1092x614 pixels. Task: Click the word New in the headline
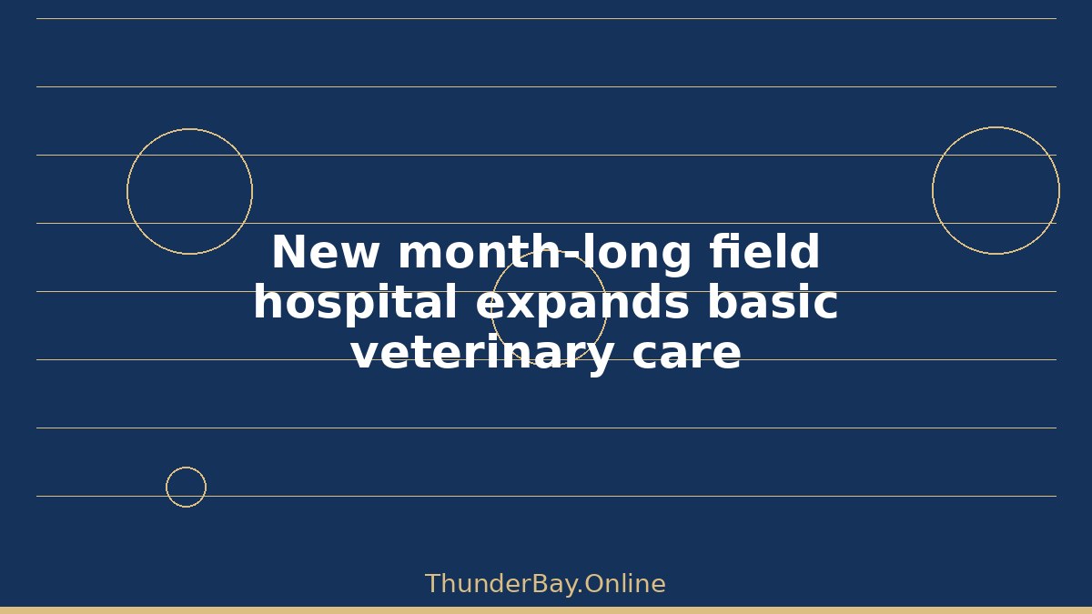[x=325, y=251]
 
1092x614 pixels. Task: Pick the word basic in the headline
[x=773, y=301]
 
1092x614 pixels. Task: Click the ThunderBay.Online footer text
[x=545, y=584]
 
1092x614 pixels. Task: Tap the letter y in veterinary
[x=597, y=359]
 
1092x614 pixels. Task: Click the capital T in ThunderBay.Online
[x=434, y=584]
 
